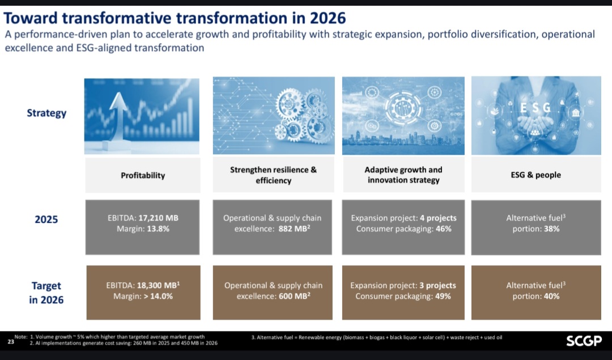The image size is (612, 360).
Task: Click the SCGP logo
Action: click(583, 341)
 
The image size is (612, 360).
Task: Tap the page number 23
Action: click(11, 341)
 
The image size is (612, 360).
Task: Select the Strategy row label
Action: click(46, 113)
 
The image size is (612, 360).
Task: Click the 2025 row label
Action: click(46, 219)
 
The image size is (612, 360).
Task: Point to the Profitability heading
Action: click(143, 175)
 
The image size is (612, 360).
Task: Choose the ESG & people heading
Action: click(535, 175)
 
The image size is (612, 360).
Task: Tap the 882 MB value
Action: click(294, 229)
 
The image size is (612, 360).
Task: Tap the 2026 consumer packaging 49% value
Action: click(443, 297)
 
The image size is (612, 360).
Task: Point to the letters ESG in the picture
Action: click(535, 107)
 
